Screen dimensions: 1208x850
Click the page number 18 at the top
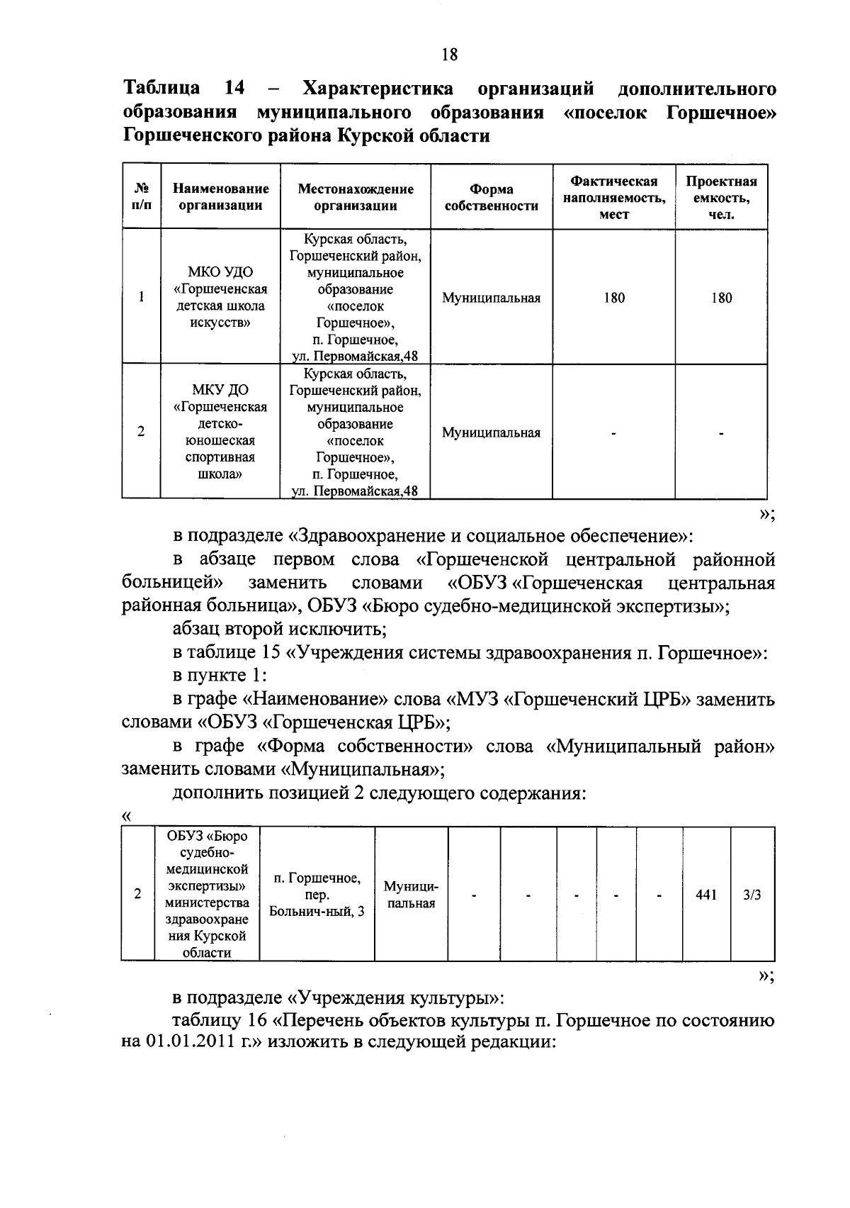coord(449,55)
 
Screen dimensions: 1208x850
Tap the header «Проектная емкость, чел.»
coord(720,198)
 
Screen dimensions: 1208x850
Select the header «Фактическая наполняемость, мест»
coord(613,198)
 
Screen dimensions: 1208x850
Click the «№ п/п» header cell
coord(142,197)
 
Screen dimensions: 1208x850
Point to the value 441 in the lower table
coord(705,895)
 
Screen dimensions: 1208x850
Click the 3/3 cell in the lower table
coord(752,895)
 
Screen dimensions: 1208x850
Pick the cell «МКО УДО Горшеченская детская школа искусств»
coord(220,298)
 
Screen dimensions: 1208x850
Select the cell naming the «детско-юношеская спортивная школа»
coord(220,432)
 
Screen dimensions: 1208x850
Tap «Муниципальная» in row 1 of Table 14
coord(491,298)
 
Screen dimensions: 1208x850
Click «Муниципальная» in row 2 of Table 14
coord(491,432)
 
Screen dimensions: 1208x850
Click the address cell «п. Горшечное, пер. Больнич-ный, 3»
coord(317,895)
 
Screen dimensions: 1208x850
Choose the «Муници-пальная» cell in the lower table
coord(411,895)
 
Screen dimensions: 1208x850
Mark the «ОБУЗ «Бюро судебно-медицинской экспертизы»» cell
coord(207,895)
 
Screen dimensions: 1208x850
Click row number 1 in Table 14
coord(142,298)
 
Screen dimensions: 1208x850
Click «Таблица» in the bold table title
coord(162,89)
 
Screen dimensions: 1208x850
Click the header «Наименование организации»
coord(220,198)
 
